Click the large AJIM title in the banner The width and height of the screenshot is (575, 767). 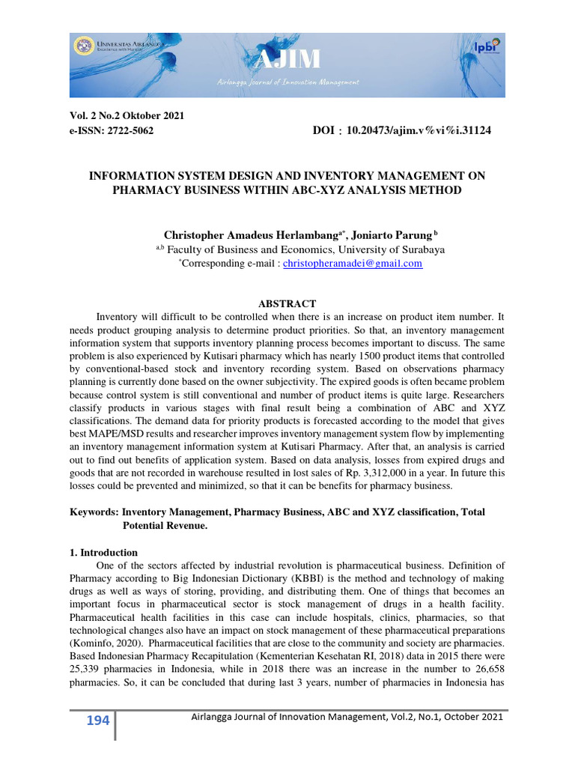287,58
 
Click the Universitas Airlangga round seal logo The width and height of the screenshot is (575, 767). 84,46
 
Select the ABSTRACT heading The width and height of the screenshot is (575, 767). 287,303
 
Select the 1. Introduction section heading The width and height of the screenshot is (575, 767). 99,552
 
